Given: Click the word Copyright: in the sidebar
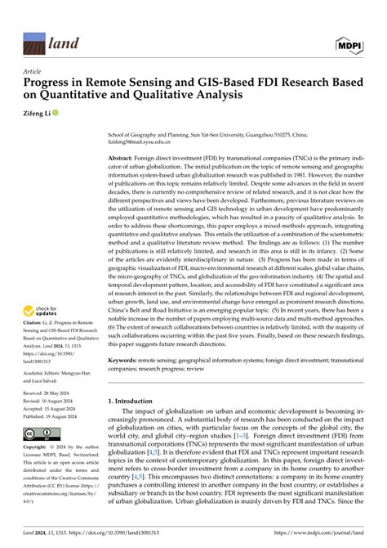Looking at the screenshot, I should [x=36, y=448].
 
